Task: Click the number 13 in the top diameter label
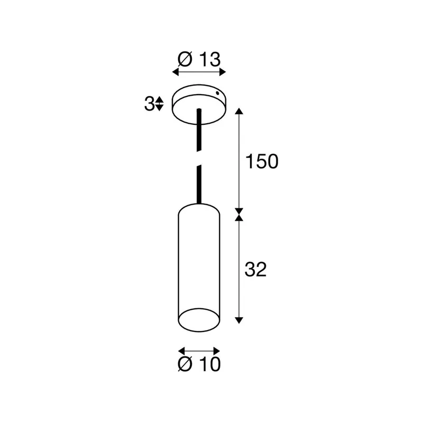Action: (210, 59)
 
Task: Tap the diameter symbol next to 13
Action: (185, 59)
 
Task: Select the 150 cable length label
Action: (262, 162)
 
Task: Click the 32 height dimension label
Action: (255, 269)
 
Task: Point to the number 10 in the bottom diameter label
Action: (210, 364)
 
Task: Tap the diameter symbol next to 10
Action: (185, 364)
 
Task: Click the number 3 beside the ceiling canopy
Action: (149, 104)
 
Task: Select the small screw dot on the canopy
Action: (217, 93)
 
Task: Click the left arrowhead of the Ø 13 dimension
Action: (176, 72)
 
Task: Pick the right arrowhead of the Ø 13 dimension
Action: (222, 72)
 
